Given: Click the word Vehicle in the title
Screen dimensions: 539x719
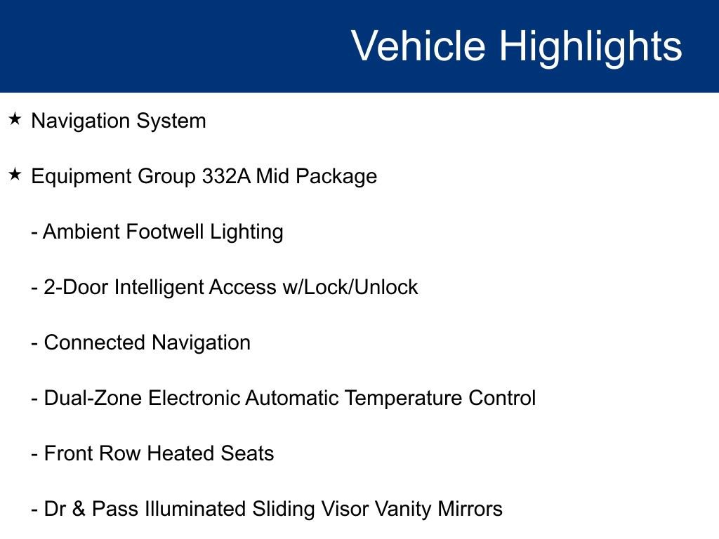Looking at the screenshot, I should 418,46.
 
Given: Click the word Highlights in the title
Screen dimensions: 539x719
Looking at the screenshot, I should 591,46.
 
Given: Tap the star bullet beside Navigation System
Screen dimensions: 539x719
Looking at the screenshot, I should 15,120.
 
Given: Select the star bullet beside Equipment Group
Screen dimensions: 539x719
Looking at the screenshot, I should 15,175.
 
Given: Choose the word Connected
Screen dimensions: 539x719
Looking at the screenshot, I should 95,342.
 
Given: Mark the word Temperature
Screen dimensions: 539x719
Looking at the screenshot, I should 403,398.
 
